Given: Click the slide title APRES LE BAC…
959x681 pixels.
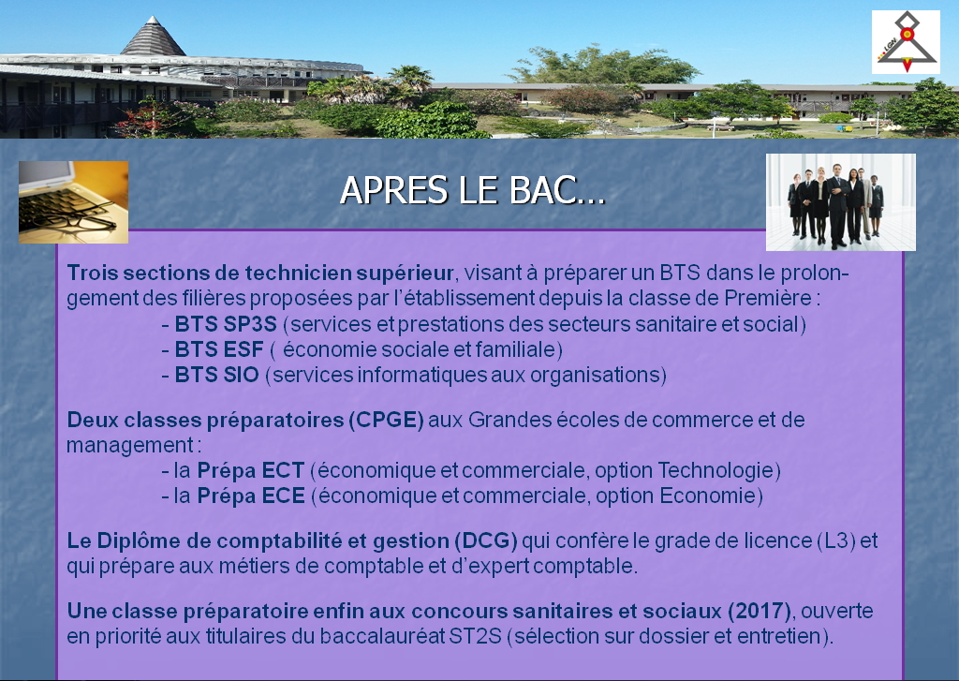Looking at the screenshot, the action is click(472, 190).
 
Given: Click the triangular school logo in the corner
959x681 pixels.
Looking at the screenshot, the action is click(906, 42).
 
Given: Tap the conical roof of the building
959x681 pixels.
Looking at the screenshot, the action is click(153, 37).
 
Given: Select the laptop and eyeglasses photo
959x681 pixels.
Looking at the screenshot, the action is click(73, 202).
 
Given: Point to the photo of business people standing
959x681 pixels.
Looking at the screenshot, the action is click(841, 202).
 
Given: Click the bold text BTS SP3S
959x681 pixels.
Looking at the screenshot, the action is click(226, 324).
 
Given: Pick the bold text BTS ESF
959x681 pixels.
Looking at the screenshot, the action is click(219, 349).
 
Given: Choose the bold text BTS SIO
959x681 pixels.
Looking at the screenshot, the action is click(216, 375).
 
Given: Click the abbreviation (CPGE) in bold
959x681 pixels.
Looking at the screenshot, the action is click(387, 421).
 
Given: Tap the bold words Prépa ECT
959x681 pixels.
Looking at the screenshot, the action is click(251, 470).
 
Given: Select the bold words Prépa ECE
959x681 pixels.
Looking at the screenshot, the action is click(251, 496).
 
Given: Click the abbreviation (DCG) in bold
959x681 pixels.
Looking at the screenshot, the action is click(486, 540).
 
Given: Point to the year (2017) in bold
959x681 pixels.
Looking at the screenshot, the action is click(760, 612).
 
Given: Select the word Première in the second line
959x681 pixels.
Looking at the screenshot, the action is click(768, 298).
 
